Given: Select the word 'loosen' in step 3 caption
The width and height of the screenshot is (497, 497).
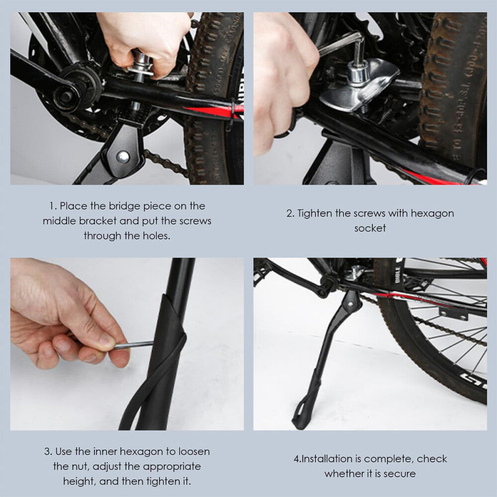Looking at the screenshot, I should pos(191,452).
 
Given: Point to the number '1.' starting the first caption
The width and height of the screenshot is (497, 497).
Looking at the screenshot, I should pos(53,206).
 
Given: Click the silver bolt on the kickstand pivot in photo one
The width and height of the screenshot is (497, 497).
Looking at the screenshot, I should pos(122,158).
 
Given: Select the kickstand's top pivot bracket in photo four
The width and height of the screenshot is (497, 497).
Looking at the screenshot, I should pos(352,300).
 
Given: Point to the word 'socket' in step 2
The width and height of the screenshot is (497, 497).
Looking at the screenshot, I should pos(370,228).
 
